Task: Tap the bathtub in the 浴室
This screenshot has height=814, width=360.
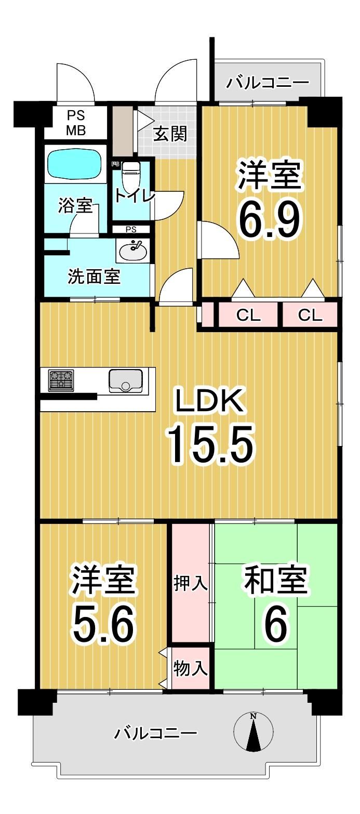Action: coord(75,165)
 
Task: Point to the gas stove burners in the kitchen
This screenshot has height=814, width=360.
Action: coord(61,380)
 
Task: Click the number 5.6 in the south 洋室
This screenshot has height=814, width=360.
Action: coord(104,624)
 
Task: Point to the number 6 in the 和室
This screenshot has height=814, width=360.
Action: coord(275,623)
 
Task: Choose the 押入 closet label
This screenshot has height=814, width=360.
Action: coord(190,583)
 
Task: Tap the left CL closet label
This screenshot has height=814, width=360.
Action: coord(248,315)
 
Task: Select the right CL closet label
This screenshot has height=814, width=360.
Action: coord(310,315)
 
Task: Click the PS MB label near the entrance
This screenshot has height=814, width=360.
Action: coord(75,123)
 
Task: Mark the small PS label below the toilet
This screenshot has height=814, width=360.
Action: coord(131,230)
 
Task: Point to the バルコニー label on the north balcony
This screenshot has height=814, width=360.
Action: coord(268,83)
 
